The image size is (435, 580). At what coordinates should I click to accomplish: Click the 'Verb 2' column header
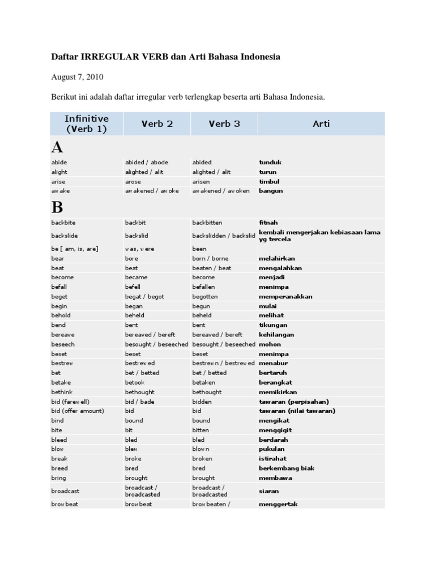157,123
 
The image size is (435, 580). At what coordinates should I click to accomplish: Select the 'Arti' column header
321,123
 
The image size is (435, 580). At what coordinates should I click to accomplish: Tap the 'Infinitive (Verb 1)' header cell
86,123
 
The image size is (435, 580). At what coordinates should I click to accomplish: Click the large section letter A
57,148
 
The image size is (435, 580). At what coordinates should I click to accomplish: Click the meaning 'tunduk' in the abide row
270,163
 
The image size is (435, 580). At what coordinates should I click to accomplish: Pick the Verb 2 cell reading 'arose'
133,182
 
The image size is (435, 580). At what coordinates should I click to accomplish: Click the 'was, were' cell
139,249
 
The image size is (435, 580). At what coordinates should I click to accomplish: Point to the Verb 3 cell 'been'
199,249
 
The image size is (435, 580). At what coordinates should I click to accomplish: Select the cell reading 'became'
137,278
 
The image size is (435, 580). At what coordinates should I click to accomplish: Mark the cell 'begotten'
205,297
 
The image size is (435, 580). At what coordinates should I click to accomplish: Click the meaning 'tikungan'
273,325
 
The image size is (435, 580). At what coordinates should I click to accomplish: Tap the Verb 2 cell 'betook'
135,382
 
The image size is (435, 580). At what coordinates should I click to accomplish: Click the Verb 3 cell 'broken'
202,459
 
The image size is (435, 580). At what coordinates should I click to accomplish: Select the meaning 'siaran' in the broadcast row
268,491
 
